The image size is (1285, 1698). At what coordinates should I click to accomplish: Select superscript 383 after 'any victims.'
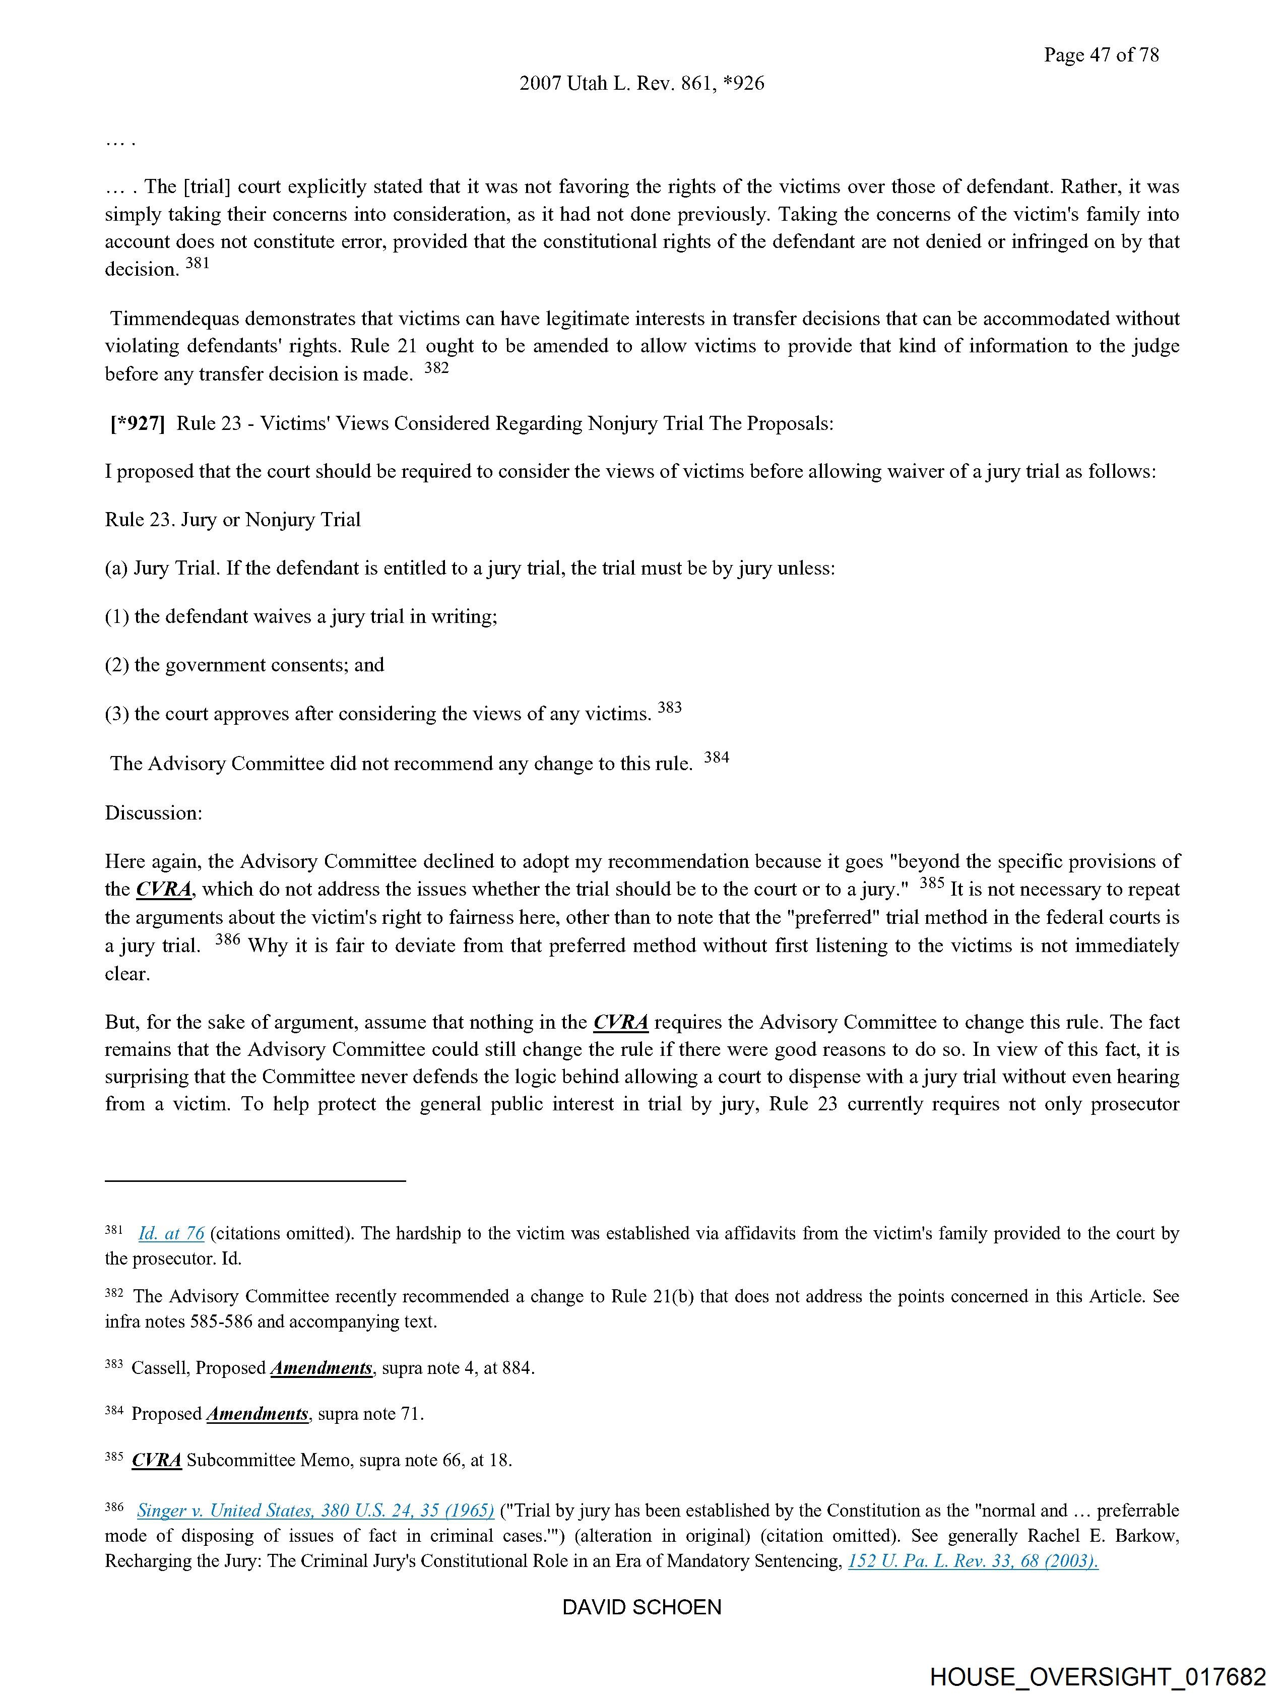click(669, 707)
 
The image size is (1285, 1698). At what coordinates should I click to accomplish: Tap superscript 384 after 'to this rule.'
click(716, 757)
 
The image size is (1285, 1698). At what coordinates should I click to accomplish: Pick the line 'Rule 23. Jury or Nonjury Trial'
click(233, 520)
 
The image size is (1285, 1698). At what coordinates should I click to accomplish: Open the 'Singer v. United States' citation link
click(315, 1510)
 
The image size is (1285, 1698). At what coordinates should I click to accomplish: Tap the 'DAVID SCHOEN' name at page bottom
click(641, 1607)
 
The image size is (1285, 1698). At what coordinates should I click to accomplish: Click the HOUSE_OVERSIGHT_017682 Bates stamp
click(1097, 1676)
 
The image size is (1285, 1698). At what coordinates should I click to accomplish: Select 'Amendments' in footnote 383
click(322, 1368)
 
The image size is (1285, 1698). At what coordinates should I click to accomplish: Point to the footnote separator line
click(255, 1180)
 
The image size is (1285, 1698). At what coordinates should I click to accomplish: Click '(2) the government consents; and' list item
click(244, 665)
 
